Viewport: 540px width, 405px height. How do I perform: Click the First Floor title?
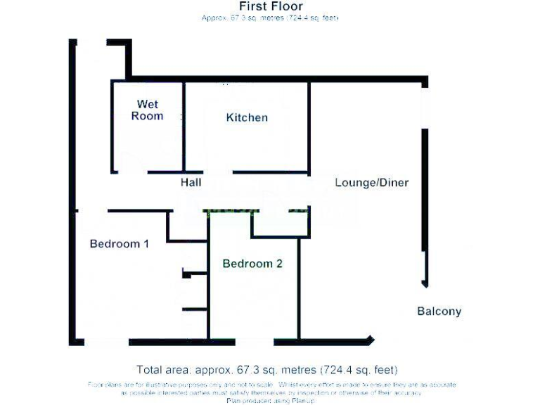click(x=271, y=6)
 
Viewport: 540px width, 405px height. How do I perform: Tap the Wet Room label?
click(x=148, y=110)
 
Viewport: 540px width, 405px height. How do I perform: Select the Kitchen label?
click(x=247, y=117)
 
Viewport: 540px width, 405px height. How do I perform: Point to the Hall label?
click(x=191, y=183)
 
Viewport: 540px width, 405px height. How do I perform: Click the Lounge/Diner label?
click(x=371, y=183)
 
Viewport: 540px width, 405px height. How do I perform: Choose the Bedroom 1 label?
click(x=119, y=244)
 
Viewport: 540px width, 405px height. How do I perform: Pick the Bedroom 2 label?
click(x=252, y=264)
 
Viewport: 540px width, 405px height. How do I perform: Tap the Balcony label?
click(x=439, y=311)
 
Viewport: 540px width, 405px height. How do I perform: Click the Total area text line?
click(x=266, y=370)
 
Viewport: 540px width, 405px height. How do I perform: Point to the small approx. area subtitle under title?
click(x=271, y=18)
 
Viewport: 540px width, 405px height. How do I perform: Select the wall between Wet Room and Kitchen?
click(x=184, y=127)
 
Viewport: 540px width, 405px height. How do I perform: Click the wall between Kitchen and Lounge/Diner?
click(x=309, y=127)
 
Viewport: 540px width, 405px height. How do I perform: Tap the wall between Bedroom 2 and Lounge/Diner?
click(x=300, y=288)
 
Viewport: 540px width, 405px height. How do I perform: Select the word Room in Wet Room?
click(x=148, y=116)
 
